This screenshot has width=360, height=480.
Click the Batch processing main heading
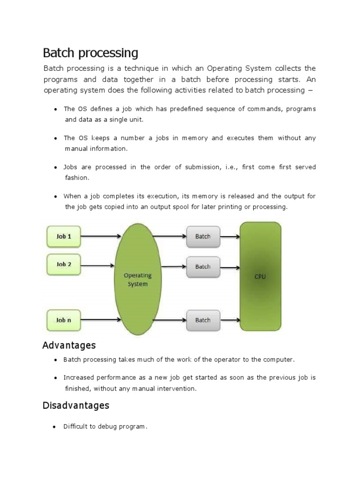(90, 52)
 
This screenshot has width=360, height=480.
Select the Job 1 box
(64, 236)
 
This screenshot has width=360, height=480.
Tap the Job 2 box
(64, 264)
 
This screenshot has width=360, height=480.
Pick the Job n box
(64, 320)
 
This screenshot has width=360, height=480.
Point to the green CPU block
(260, 277)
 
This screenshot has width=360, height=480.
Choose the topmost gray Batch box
(202, 236)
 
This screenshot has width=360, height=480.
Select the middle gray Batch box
(202, 266)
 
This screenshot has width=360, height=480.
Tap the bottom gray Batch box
(202, 320)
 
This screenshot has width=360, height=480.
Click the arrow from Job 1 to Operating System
(98, 236)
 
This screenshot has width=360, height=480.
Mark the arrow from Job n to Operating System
(98, 320)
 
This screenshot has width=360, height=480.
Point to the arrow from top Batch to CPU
(229, 236)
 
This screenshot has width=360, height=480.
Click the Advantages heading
(69, 345)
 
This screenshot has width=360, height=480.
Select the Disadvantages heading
(76, 405)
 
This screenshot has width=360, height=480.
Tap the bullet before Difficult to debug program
(55, 427)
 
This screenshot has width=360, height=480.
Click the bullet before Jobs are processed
(55, 167)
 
